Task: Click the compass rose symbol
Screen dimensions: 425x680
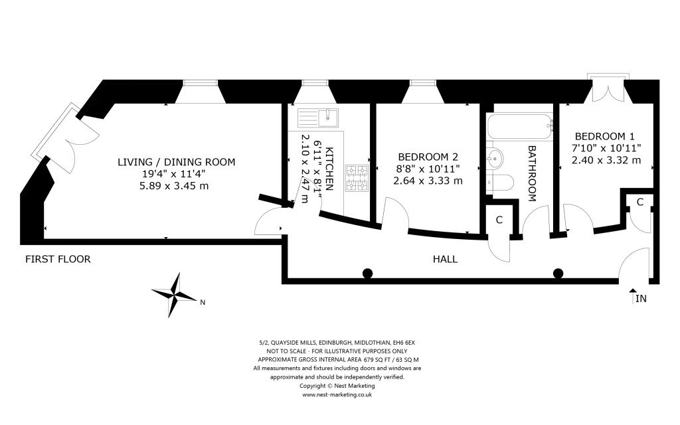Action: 176,294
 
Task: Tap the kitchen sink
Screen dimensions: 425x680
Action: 319,118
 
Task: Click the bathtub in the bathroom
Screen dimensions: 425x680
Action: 519,126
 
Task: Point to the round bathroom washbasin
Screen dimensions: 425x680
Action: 494,158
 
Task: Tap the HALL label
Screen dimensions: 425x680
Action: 444,259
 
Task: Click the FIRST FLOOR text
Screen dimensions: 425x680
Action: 58,259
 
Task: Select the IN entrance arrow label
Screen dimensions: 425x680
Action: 640,299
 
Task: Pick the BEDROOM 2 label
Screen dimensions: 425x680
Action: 427,157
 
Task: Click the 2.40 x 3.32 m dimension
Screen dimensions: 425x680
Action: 606,159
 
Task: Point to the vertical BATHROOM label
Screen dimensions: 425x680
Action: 532,173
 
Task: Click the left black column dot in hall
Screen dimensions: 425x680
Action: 367,273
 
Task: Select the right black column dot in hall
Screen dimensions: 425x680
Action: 558,273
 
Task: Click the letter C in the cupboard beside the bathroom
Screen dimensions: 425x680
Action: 499,220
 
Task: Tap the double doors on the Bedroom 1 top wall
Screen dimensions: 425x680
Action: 606,88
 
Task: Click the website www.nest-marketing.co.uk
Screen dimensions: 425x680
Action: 337,394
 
